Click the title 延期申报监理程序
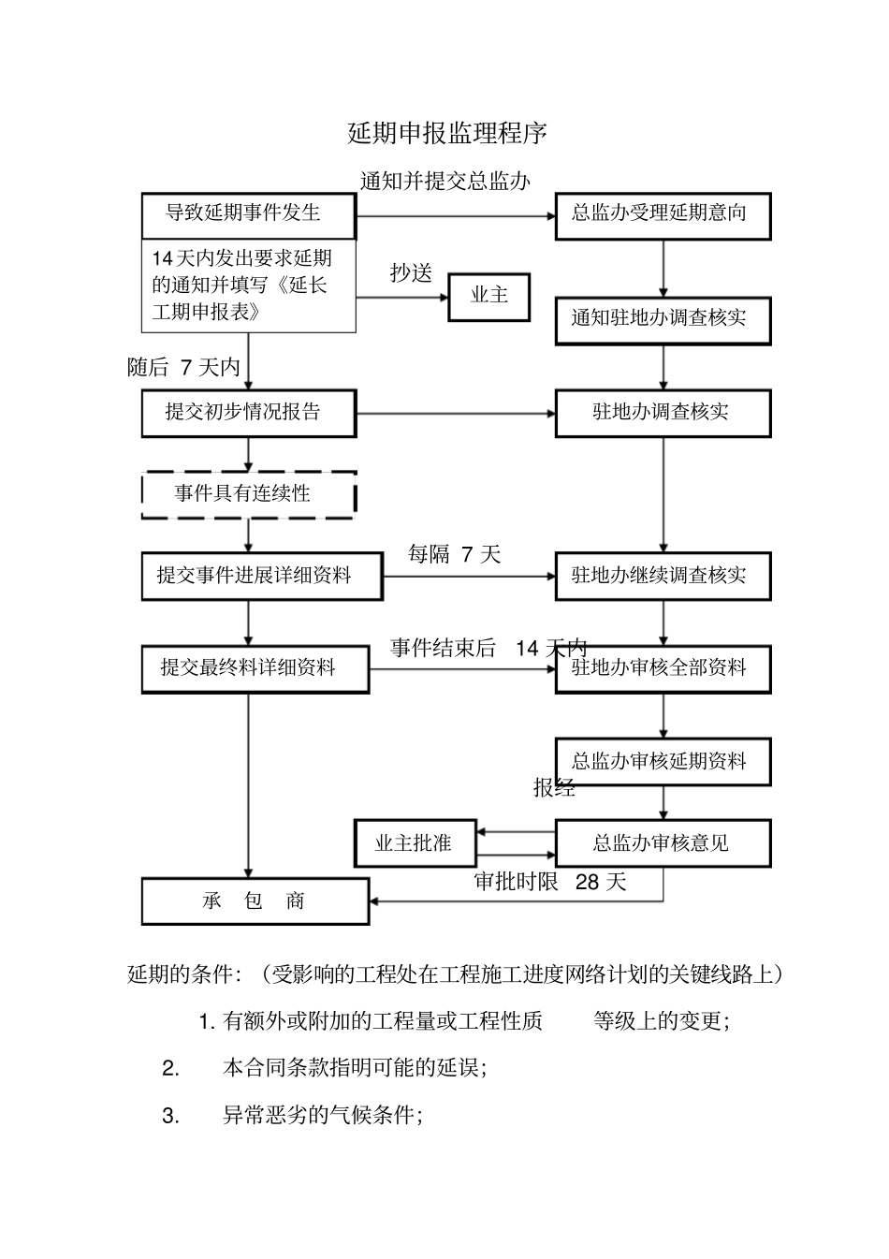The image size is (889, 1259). [x=447, y=134]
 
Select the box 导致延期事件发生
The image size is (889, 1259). [x=248, y=214]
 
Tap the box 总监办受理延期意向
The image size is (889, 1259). [x=663, y=214]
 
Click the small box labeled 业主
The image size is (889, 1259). [x=488, y=297]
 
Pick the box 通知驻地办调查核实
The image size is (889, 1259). [x=663, y=319]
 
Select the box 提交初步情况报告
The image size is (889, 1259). [x=248, y=413]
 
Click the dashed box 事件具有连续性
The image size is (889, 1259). [x=248, y=494]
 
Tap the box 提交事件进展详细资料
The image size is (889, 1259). [x=261, y=576]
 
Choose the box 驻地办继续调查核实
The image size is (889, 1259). [x=663, y=576]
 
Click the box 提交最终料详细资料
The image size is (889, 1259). [x=255, y=668]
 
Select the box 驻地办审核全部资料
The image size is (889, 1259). [x=663, y=668]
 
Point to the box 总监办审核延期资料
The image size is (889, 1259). [x=663, y=761]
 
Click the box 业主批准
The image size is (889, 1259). [x=414, y=843]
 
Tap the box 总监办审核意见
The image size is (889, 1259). [x=663, y=843]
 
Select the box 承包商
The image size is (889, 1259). [x=255, y=901]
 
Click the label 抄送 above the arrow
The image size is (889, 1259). [x=412, y=273]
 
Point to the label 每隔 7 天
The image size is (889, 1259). [x=455, y=555]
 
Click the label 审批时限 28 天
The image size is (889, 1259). [x=550, y=882]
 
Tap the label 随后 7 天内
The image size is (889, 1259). [x=184, y=368]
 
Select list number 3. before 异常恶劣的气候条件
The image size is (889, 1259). [x=170, y=1116]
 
